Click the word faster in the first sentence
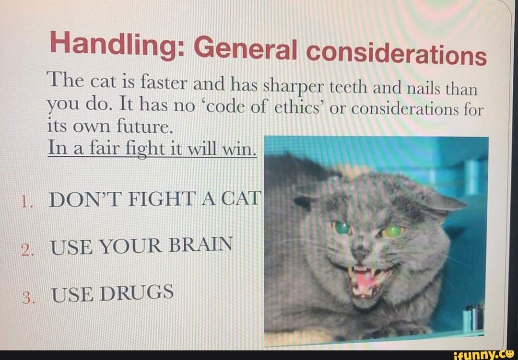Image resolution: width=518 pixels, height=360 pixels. (x=164, y=85)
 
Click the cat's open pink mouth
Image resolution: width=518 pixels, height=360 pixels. (x=365, y=283)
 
